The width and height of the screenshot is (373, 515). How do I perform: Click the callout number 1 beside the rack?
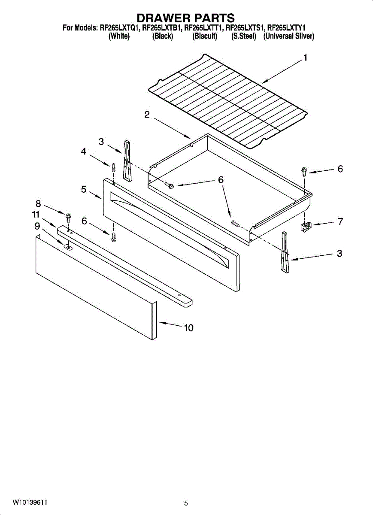[x=305, y=58]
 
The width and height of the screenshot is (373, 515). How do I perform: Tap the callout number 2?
[x=147, y=115]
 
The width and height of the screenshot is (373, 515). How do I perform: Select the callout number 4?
[x=84, y=151]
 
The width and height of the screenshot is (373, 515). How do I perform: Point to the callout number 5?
[x=84, y=188]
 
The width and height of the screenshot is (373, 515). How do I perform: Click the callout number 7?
[x=340, y=221]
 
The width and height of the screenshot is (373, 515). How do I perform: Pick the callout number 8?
[x=38, y=204]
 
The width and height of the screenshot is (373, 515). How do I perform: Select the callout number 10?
[x=188, y=328]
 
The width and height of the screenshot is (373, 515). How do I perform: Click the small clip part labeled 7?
[x=306, y=226]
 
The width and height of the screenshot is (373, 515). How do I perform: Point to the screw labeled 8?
[x=67, y=214]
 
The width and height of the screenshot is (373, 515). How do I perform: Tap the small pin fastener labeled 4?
[x=113, y=167]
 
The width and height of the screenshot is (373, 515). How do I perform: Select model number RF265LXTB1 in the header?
[x=162, y=28]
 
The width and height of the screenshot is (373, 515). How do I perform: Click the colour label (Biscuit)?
[x=205, y=36]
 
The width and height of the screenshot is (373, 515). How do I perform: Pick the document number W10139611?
[x=30, y=502]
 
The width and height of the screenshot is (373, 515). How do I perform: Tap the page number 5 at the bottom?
[x=186, y=503]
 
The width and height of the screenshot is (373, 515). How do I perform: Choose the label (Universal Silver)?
[x=288, y=36]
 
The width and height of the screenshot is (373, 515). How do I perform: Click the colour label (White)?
[x=119, y=36]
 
